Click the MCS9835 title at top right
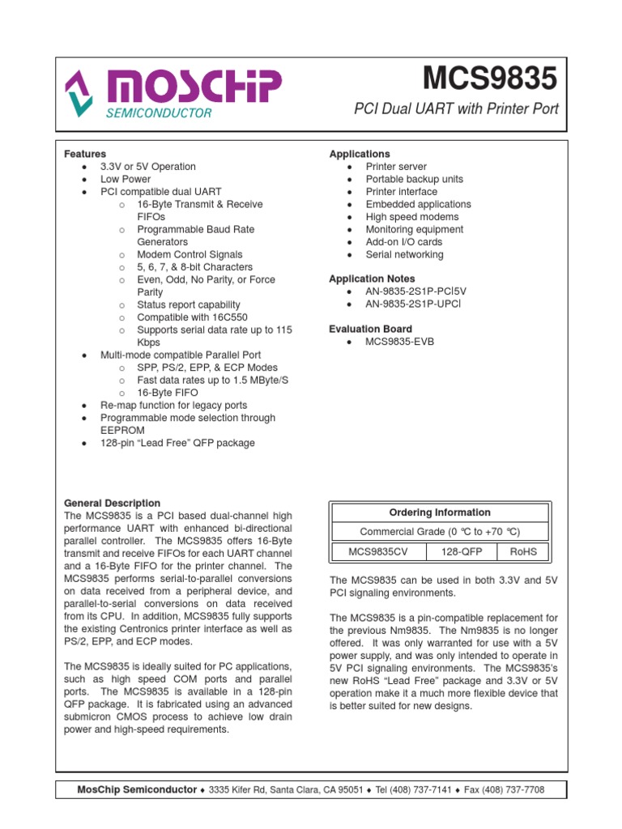click(490, 79)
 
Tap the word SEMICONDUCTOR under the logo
click(159, 113)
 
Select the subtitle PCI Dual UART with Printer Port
click(457, 108)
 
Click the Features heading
click(85, 154)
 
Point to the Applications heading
click(359, 154)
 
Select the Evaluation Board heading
click(370, 329)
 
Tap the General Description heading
click(112, 504)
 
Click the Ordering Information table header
click(440, 512)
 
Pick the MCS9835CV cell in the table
click(377, 551)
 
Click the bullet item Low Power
click(126, 179)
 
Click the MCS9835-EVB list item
click(400, 342)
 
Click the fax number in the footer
click(516, 789)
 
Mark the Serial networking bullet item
click(404, 254)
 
